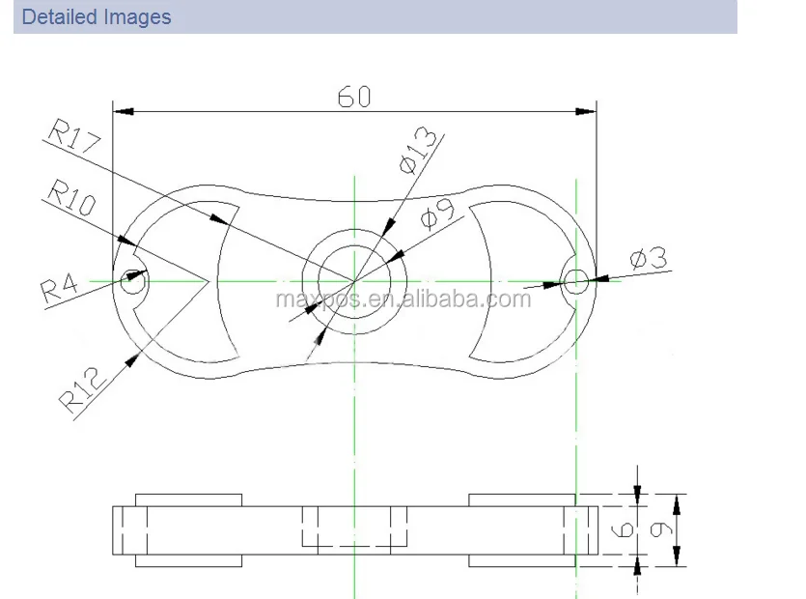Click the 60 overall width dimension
[x=353, y=97]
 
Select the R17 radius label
[x=71, y=137]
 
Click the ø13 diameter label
[x=416, y=151]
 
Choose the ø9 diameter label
[x=439, y=214]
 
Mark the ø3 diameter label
[x=648, y=259]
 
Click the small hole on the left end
[x=132, y=281]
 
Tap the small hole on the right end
[x=576, y=281]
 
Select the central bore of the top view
[x=354, y=281]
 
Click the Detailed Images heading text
[x=97, y=17]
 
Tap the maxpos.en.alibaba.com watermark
[x=403, y=299]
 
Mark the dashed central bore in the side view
[x=354, y=528]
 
